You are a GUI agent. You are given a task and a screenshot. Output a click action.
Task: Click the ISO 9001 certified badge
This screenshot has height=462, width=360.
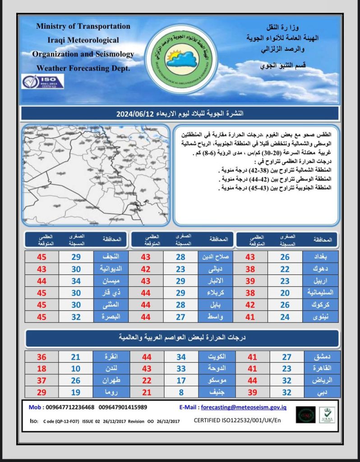click(x=43, y=81)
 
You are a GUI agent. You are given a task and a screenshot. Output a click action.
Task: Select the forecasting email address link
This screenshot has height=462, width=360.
click(x=244, y=407)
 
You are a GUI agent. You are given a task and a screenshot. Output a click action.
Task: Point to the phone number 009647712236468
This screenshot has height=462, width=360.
click(x=68, y=407)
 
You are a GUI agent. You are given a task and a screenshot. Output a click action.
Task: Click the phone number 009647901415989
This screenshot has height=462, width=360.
click(x=123, y=407)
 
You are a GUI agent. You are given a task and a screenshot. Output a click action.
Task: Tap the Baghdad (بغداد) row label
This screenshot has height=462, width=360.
click(x=321, y=257)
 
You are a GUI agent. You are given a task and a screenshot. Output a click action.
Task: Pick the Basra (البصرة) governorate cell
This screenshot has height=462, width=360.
click(x=110, y=316)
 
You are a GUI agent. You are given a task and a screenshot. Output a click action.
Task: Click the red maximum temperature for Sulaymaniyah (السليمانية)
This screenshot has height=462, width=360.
click(x=250, y=293)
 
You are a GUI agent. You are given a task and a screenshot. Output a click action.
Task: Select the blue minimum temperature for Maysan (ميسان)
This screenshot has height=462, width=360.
click(x=76, y=281)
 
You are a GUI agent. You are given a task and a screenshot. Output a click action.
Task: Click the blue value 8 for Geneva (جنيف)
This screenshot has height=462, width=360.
click(x=181, y=392)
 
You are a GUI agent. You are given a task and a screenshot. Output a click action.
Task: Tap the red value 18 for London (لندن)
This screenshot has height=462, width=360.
click(x=42, y=369)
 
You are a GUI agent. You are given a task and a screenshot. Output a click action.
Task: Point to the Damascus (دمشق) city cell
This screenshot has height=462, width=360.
click(x=321, y=357)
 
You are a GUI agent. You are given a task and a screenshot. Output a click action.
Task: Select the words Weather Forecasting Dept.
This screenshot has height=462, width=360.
click(x=83, y=68)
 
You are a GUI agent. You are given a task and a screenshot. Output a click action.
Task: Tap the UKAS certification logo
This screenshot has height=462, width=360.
click(x=327, y=414)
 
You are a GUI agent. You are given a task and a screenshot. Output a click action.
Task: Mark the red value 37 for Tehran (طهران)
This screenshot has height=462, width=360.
click(x=42, y=380)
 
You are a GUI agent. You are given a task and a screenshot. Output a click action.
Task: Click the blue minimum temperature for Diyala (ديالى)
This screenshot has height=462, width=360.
click(x=181, y=269)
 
